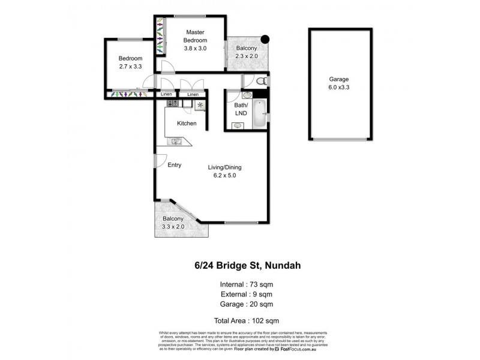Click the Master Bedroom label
[x=195, y=36]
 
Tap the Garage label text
[x=338, y=79]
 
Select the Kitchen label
[x=187, y=124]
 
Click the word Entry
[x=175, y=165]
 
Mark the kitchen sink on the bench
[x=176, y=142]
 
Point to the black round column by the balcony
[x=265, y=40]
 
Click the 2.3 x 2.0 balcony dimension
[x=246, y=56]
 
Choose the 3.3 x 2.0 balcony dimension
[x=173, y=227]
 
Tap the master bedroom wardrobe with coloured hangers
[x=160, y=35]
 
